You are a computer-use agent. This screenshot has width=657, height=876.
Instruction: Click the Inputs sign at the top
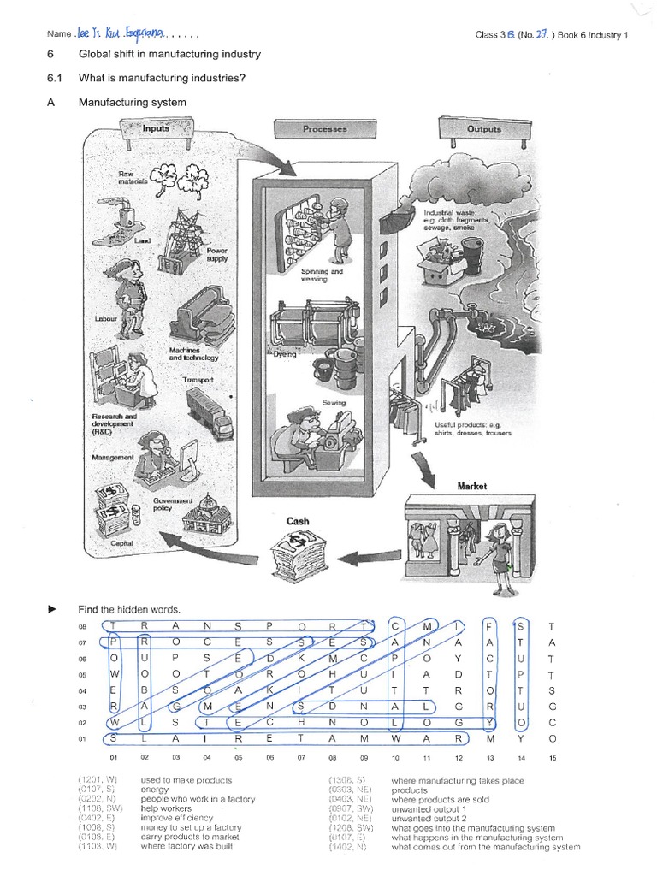[x=156, y=128]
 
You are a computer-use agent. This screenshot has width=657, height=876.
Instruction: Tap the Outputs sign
[x=483, y=129]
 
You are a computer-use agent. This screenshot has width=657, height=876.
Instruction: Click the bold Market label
[x=471, y=486]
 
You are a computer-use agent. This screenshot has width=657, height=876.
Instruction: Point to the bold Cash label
[x=298, y=521]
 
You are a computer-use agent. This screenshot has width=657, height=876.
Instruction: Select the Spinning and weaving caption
[x=322, y=275]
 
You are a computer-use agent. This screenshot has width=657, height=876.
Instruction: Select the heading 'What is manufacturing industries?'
[x=163, y=79]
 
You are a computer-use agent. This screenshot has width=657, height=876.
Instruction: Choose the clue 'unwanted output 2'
[x=425, y=819]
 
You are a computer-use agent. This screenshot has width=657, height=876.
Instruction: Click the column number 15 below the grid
[x=553, y=757]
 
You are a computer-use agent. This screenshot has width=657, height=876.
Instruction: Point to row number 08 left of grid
[x=82, y=627]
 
